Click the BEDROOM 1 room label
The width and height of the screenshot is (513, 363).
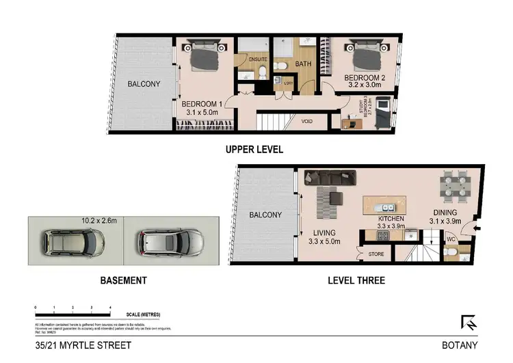tap(200, 104)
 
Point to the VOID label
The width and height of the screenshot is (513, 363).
tap(307, 122)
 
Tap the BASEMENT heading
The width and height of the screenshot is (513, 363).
tap(123, 280)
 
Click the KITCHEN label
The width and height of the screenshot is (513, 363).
tap(392, 219)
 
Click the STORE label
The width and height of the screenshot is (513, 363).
tap(376, 254)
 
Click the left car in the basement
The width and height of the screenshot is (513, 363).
tap(73, 241)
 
